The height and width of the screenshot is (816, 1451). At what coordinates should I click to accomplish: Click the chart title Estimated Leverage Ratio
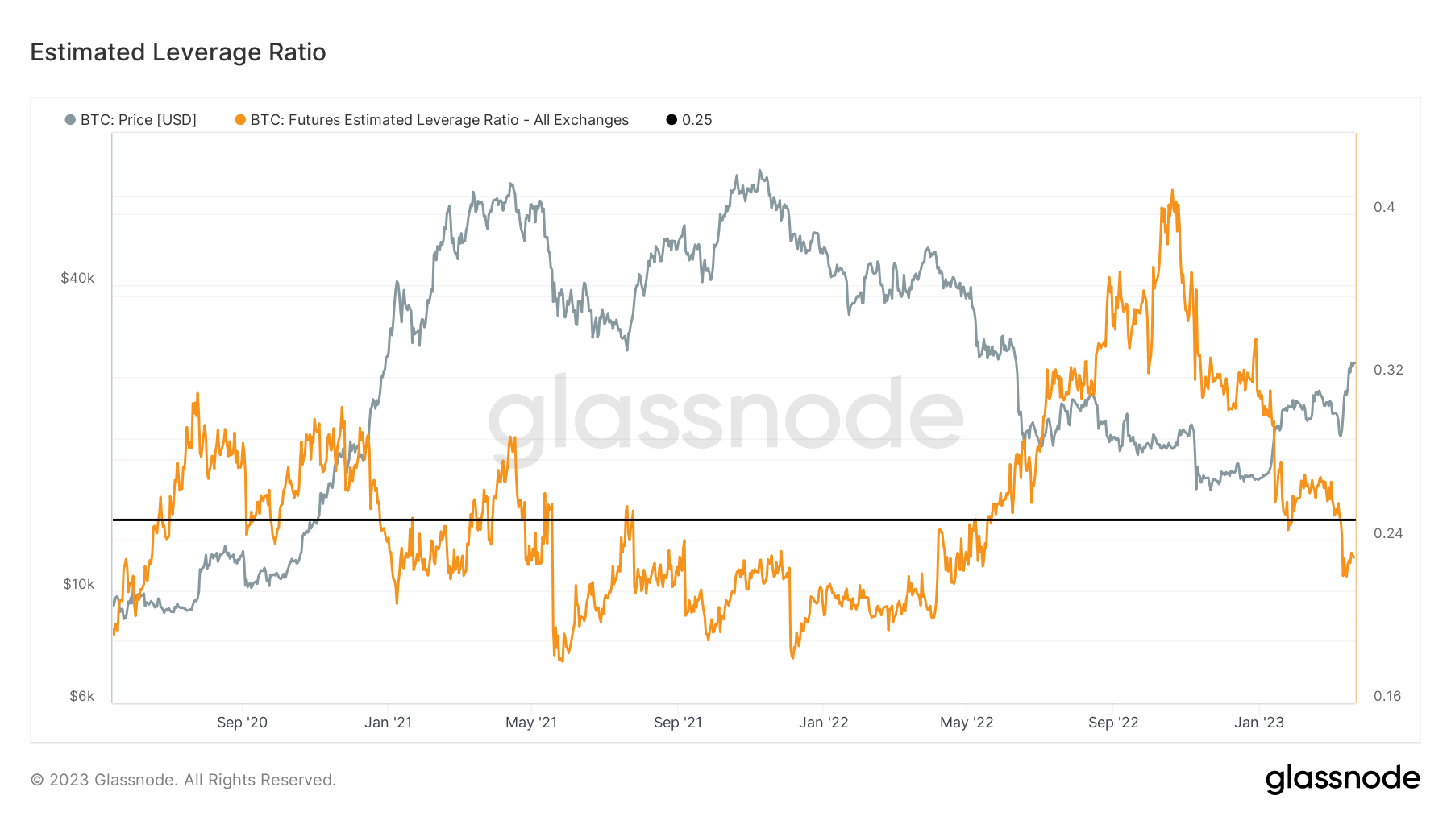point(178,52)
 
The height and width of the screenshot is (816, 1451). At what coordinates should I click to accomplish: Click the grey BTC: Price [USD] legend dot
point(70,120)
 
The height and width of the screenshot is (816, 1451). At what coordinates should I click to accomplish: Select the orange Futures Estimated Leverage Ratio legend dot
point(240,120)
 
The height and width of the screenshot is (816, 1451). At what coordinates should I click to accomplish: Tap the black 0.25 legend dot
point(671,120)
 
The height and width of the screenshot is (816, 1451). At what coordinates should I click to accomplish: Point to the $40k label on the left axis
point(77,278)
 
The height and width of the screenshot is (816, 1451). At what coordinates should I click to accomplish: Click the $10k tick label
point(79,584)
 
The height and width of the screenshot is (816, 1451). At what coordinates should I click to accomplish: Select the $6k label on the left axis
point(81,696)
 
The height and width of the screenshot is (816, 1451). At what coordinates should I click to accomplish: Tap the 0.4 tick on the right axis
point(1384,207)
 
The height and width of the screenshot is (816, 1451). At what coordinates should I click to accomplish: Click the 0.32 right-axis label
point(1388,370)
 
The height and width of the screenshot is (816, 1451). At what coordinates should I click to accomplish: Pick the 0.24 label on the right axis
point(1388,533)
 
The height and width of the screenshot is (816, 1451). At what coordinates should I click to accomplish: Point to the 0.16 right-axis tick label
point(1387,696)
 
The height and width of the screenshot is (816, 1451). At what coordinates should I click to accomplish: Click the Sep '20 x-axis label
point(242,723)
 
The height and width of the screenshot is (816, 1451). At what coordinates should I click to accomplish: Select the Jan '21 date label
point(388,723)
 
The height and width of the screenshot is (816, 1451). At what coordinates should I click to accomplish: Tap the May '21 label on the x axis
point(531,723)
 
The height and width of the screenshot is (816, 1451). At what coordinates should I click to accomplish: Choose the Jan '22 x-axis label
point(823,723)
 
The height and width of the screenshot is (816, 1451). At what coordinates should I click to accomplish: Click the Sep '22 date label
point(1113,723)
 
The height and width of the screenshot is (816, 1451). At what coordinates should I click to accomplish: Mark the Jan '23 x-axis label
point(1258,723)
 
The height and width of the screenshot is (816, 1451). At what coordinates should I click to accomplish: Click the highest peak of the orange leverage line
point(1172,192)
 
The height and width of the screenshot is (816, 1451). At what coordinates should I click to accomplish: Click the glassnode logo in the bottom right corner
point(1342,779)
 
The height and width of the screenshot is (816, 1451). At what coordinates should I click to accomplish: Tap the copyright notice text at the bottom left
point(183,780)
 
